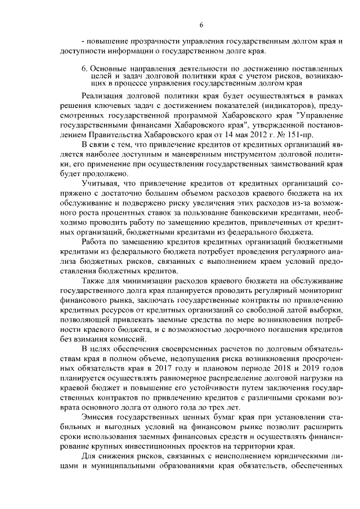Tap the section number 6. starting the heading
click(85, 69)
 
